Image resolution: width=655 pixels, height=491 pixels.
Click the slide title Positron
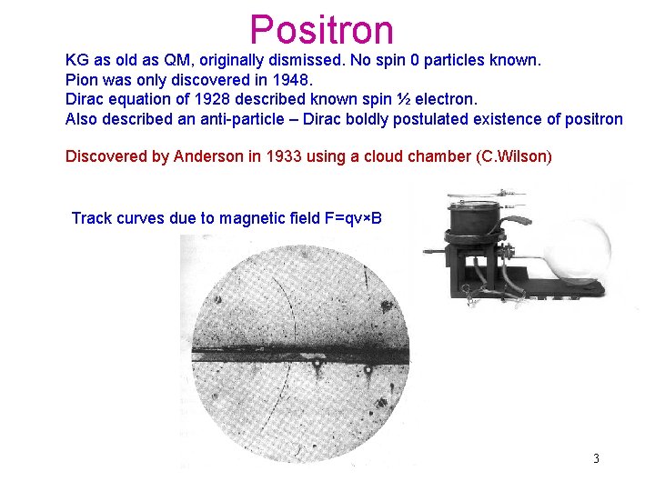coord(321,29)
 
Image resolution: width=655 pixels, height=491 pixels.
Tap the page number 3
coord(596,458)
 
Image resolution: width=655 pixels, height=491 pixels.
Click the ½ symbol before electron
coord(403,99)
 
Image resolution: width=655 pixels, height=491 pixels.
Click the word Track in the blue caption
coord(91,218)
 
